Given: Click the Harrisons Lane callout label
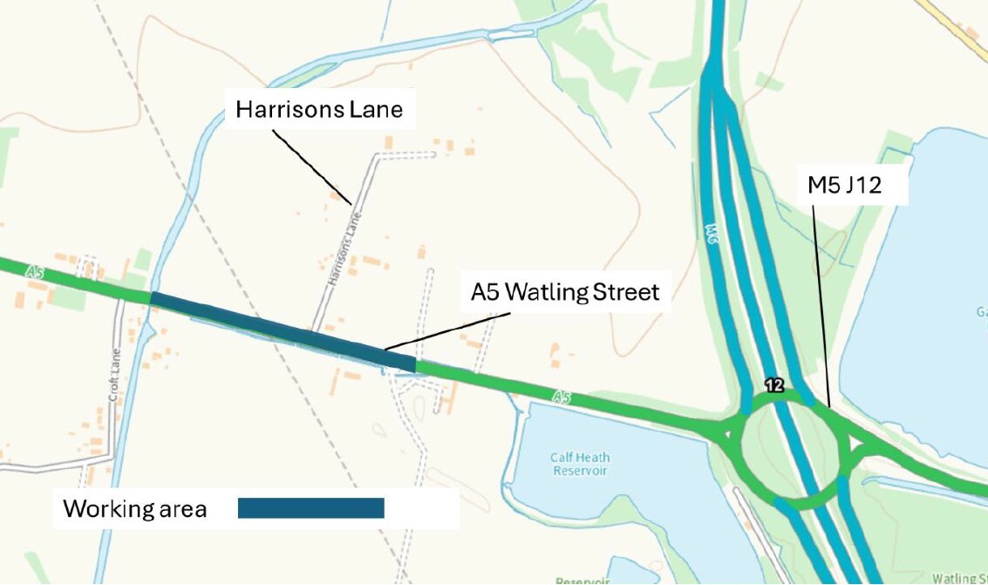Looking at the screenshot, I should (x=319, y=110).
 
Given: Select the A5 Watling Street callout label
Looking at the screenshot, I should (x=565, y=291).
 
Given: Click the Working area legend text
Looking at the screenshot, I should (x=134, y=508).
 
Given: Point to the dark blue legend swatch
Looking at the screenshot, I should (x=310, y=508).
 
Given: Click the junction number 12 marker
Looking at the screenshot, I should (x=773, y=384).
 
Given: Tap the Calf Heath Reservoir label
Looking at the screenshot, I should (x=580, y=464).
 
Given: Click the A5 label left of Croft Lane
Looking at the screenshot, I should (x=35, y=273).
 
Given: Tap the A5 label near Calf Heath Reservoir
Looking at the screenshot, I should (x=562, y=398).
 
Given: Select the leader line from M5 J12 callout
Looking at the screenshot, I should (x=821, y=305).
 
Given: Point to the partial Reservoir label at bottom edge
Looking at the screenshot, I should (x=580, y=580).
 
